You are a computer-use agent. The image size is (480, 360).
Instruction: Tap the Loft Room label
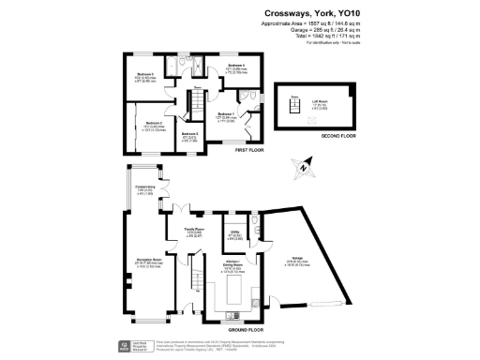pos(321,103)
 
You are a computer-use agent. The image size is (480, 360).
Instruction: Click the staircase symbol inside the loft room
pos(294,107)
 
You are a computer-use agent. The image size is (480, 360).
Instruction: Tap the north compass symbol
pos(302,171)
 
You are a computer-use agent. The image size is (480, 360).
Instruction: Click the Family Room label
pos(194,231)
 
